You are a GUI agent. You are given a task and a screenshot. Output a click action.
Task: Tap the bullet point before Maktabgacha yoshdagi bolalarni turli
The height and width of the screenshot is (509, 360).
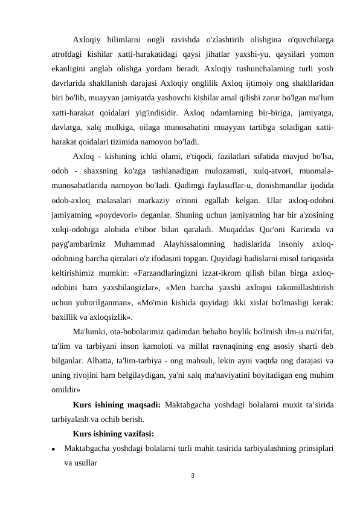click(54, 450)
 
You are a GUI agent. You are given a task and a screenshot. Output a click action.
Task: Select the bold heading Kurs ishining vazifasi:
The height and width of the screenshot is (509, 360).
click(113, 433)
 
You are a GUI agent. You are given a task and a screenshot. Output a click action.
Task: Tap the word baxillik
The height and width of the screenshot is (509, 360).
click(64, 316)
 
